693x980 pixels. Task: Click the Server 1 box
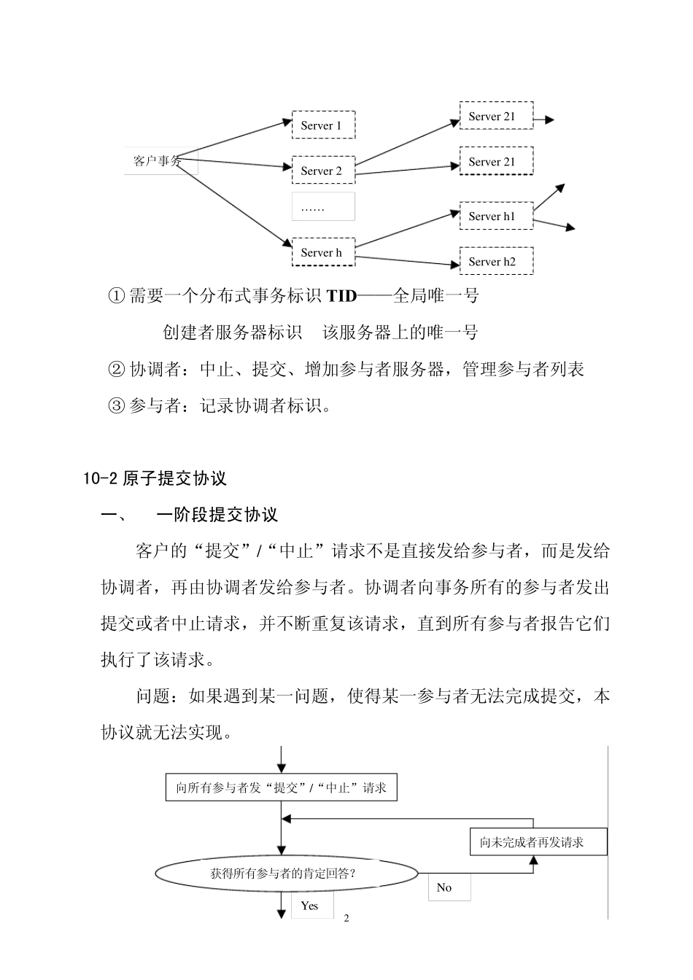click(x=322, y=125)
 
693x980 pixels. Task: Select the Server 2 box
click(x=322, y=170)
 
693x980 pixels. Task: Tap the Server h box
click(x=322, y=252)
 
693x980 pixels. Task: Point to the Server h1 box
click(x=495, y=216)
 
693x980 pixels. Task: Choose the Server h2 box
click(x=495, y=261)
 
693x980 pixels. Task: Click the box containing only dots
click(x=322, y=207)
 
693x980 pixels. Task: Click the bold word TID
click(x=341, y=296)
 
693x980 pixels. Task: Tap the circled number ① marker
click(x=116, y=296)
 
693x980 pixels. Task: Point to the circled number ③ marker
click(x=116, y=406)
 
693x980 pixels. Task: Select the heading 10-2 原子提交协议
click(x=155, y=478)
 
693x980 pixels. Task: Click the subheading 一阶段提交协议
click(x=217, y=515)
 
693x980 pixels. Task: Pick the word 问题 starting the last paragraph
click(x=153, y=696)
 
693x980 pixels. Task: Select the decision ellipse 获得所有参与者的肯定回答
click(x=287, y=873)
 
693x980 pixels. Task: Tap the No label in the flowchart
click(x=444, y=887)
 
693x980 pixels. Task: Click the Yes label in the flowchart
click(x=310, y=906)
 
